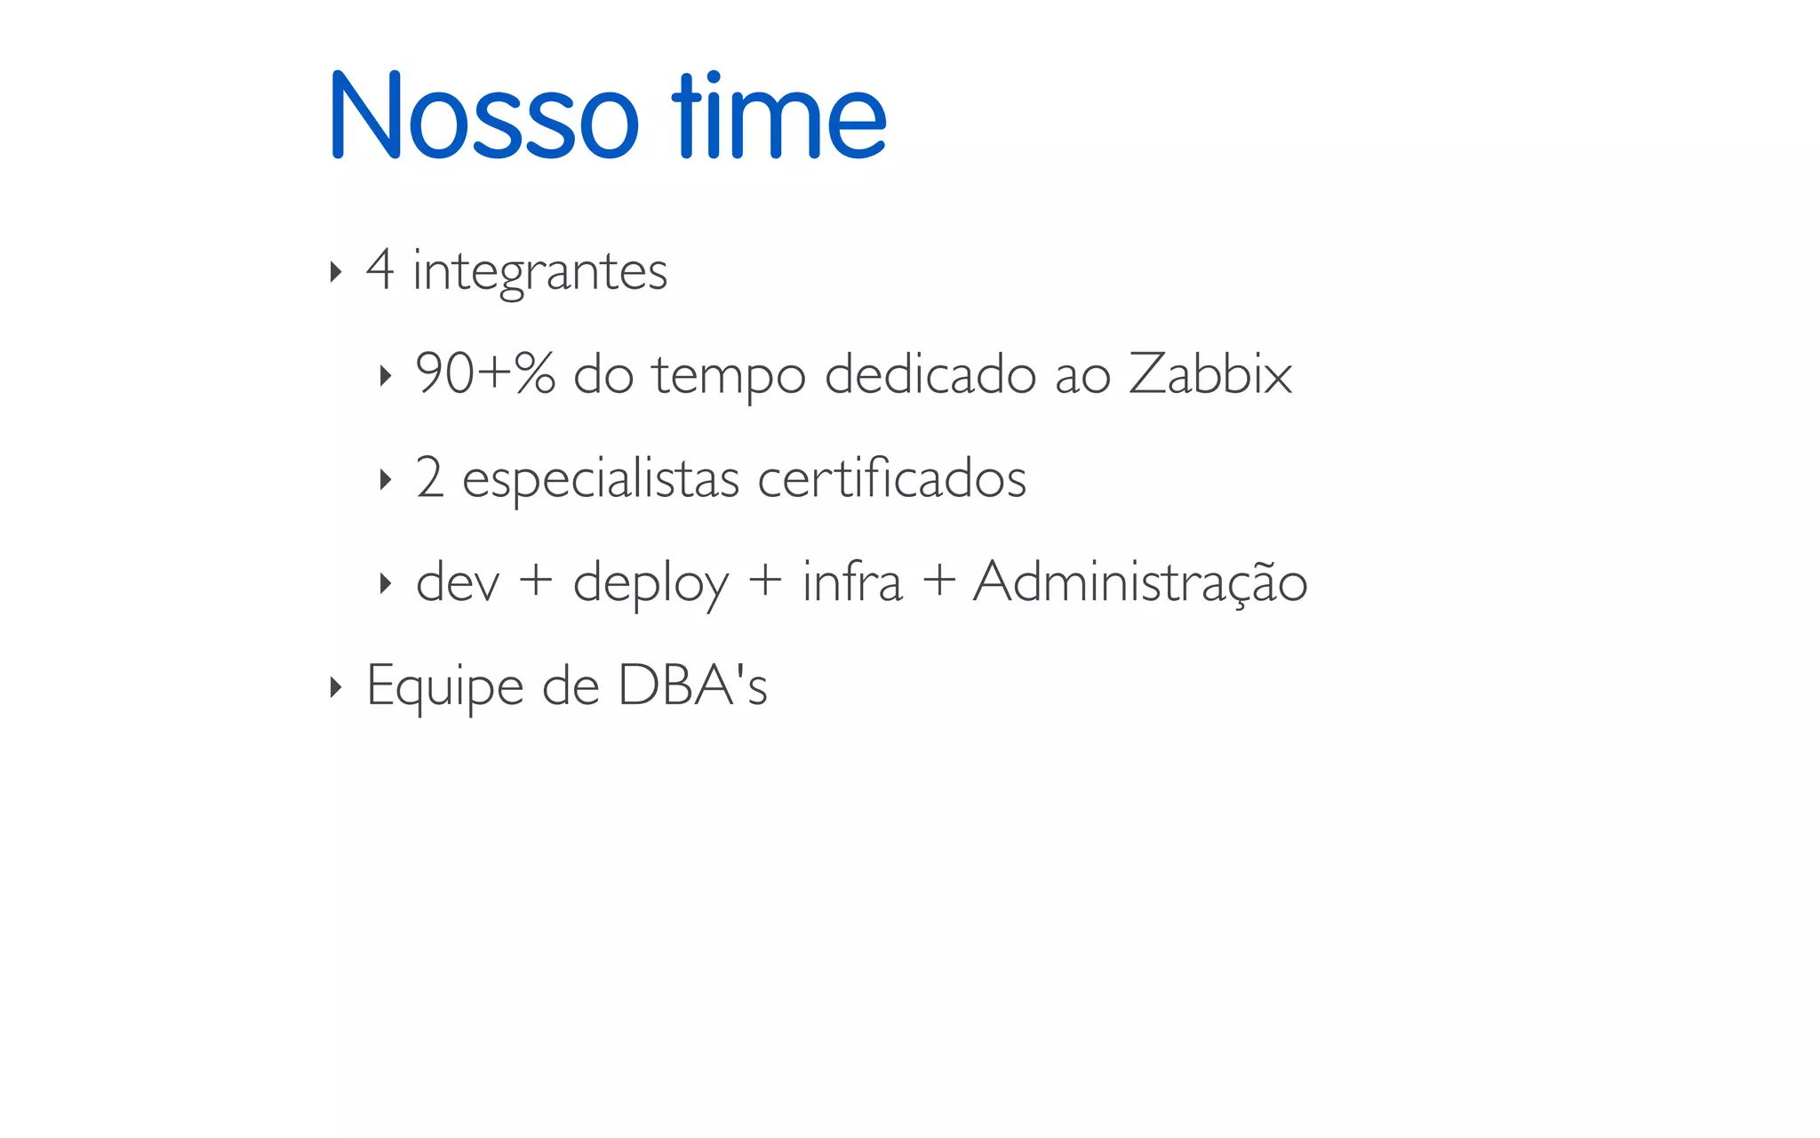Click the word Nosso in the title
tap(483, 116)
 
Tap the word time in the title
tap(778, 116)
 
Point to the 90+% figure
tap(485, 373)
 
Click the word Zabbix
tap(1209, 373)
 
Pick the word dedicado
tap(930, 373)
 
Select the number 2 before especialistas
tap(429, 477)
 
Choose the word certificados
tap(891, 477)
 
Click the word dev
tap(458, 582)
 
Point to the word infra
tap(852, 581)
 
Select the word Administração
tap(1140, 582)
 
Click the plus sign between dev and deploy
tap(536, 582)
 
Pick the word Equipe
tap(444, 687)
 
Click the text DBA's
tap(692, 685)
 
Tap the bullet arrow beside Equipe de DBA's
tap(335, 686)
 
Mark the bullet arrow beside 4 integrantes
tap(335, 271)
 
